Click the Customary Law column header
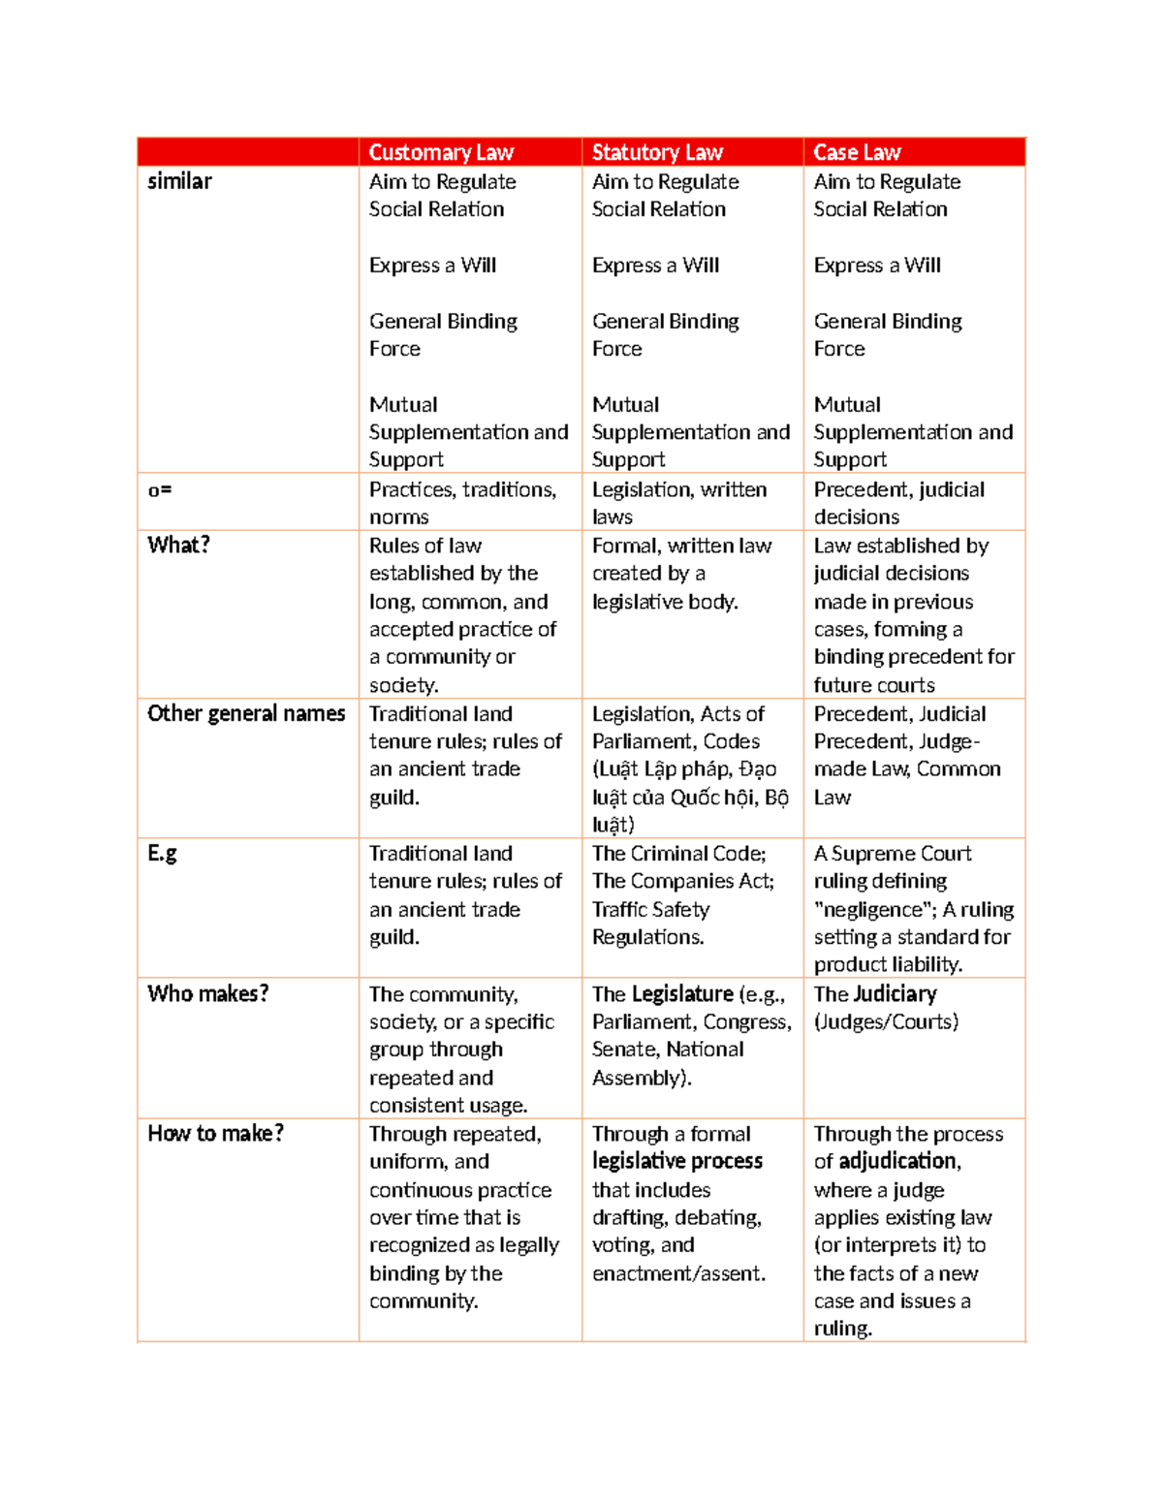pyautogui.click(x=441, y=152)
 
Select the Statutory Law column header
pyautogui.click(x=657, y=152)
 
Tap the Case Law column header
pyautogui.click(x=857, y=152)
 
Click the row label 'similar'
pyautogui.click(x=179, y=181)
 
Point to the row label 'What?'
pyautogui.click(x=178, y=545)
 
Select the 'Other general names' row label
pyautogui.click(x=246, y=713)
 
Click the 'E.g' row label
pyautogui.click(x=162, y=853)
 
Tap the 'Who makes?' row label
pyautogui.click(x=207, y=993)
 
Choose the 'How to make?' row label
pyautogui.click(x=215, y=1133)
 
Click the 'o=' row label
pyautogui.click(x=160, y=490)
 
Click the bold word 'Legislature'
pyautogui.click(x=682, y=993)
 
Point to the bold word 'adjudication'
pyautogui.click(x=898, y=1161)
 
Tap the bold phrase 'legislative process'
pyautogui.click(x=677, y=1161)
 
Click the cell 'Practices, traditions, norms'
pyautogui.click(x=462, y=503)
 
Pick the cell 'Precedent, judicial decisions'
pyautogui.click(x=898, y=503)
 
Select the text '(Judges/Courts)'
pyautogui.click(x=886, y=1021)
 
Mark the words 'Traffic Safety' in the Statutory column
pyautogui.click(x=650, y=909)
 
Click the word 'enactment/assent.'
pyautogui.click(x=678, y=1273)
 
